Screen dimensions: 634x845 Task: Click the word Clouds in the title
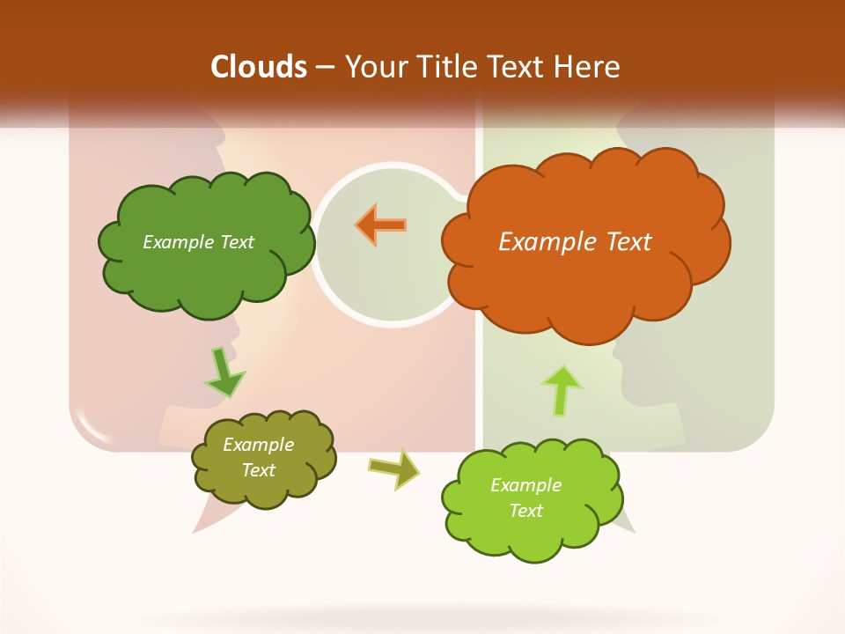(259, 67)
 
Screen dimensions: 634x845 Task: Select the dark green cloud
(204, 282)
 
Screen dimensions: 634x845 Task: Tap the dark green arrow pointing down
(224, 372)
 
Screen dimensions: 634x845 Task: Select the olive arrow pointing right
(393, 468)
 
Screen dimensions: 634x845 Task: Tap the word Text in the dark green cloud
(235, 242)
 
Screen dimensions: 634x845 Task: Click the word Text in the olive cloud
(258, 470)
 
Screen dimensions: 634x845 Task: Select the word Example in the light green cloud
(525, 485)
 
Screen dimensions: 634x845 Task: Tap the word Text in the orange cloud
(627, 242)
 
